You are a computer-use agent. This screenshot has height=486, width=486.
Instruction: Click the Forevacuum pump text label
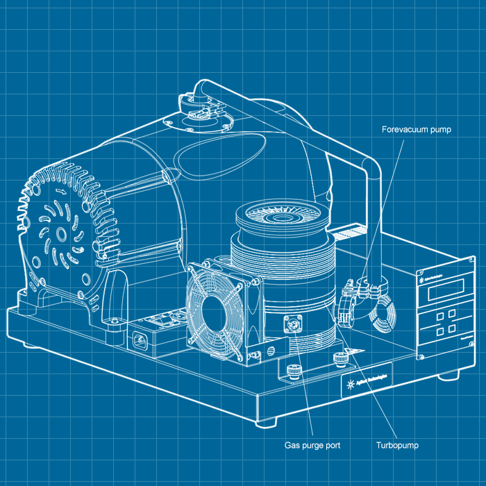click(417, 129)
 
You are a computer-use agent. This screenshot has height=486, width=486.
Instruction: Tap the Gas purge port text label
click(312, 444)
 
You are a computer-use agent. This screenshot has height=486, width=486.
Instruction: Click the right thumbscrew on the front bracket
click(339, 358)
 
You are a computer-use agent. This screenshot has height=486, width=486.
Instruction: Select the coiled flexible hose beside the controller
click(381, 316)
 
